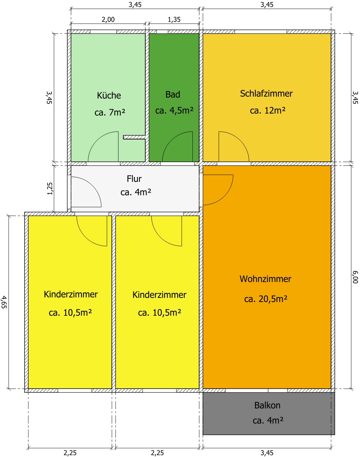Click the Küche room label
pyautogui.click(x=109, y=95)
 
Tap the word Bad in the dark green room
pyautogui.click(x=173, y=94)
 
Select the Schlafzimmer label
pyautogui.click(x=266, y=93)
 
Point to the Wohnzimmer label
pyautogui.click(x=265, y=279)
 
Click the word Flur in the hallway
pyautogui.click(x=134, y=178)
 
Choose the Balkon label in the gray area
pyautogui.click(x=267, y=405)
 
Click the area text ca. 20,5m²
pyautogui.click(x=266, y=299)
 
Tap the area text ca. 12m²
pyautogui.click(x=267, y=110)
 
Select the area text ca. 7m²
pyautogui.click(x=110, y=112)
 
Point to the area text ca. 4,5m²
pyautogui.click(x=174, y=110)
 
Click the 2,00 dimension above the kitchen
pyautogui.click(x=108, y=20)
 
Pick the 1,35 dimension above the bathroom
pyautogui.click(x=174, y=20)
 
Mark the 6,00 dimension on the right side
pyautogui.click(x=355, y=277)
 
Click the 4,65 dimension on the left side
pyautogui.click(x=4, y=302)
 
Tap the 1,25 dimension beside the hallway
pyautogui.click(x=50, y=189)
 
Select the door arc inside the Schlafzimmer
pyautogui.click(x=240, y=141)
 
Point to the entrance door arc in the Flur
pyautogui.click(x=93, y=186)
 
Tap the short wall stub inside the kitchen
pyautogui.click(x=134, y=137)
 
